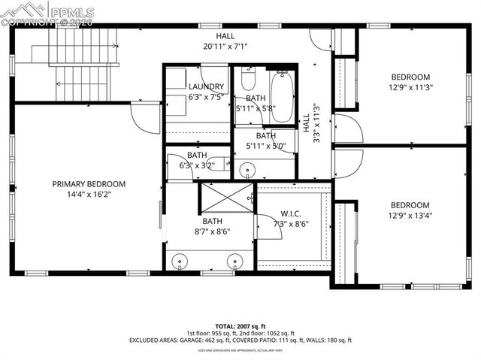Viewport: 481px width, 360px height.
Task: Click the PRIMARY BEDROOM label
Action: click(88, 184)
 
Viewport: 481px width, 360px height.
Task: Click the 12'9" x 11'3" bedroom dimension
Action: click(410, 87)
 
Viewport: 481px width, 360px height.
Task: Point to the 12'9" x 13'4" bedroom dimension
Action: click(410, 216)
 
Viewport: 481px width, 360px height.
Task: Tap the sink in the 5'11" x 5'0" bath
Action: click(247, 170)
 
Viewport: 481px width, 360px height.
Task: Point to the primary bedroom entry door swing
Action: click(144, 116)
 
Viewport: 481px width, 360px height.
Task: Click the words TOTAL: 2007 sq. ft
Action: click(240, 326)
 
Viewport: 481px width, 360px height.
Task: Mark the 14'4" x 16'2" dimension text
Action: click(88, 195)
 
